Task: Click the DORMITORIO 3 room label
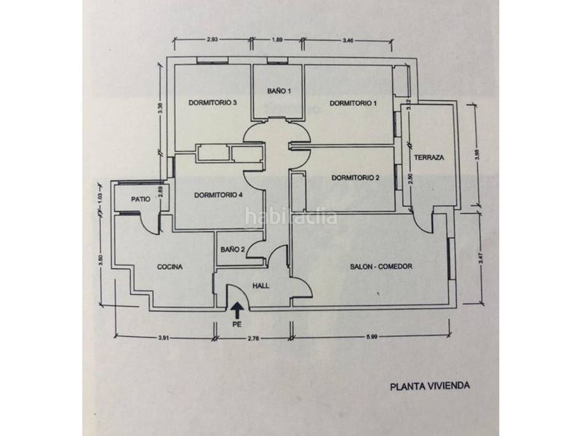pyautogui.click(x=212, y=102)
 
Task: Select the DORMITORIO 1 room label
pyautogui.click(x=353, y=103)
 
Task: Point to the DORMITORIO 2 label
pyautogui.click(x=355, y=178)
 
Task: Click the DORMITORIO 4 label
pyautogui.click(x=218, y=195)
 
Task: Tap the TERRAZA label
pyautogui.click(x=429, y=158)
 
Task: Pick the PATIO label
pyautogui.click(x=140, y=199)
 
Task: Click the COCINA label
pyautogui.click(x=170, y=267)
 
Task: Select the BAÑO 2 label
pyautogui.click(x=233, y=250)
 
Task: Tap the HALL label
pyautogui.click(x=261, y=286)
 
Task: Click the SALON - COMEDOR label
pyautogui.click(x=380, y=267)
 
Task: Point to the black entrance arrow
pyautogui.click(x=237, y=311)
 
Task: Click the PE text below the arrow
pyautogui.click(x=237, y=324)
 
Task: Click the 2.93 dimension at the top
pyautogui.click(x=212, y=40)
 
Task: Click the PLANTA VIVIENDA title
pyautogui.click(x=430, y=386)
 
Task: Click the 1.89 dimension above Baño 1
pyautogui.click(x=278, y=40)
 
